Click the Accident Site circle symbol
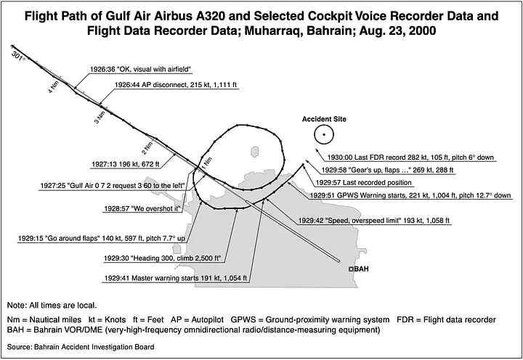click(x=323, y=134)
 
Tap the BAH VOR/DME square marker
click(x=351, y=269)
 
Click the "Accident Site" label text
click(x=323, y=118)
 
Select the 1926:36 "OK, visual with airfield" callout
click(x=140, y=70)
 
